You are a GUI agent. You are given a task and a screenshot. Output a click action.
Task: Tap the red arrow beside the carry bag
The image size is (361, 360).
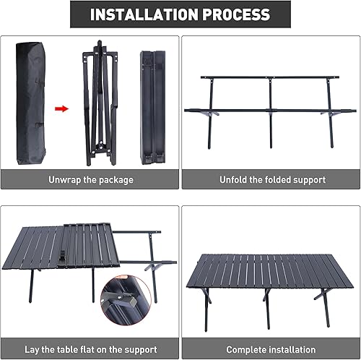62,108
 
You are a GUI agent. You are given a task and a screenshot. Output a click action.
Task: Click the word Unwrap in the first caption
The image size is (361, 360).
67,179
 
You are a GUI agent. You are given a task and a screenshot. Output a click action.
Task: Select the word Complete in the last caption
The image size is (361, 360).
246,349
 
